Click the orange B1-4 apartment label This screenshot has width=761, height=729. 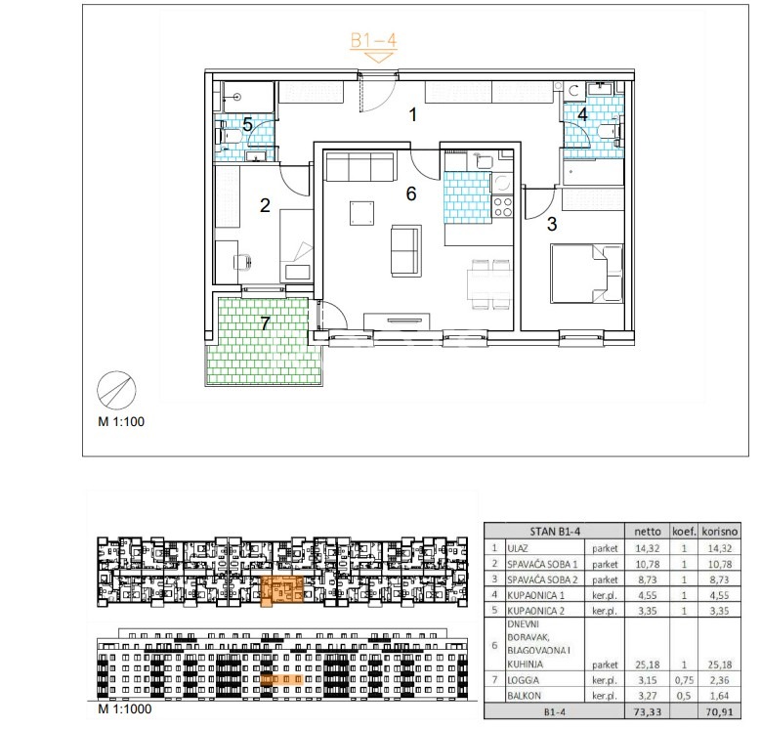(373, 40)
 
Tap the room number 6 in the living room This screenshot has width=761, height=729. (411, 193)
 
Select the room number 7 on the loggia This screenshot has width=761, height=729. (265, 323)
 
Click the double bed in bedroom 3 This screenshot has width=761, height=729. (586, 274)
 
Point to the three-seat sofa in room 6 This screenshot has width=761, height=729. (359, 166)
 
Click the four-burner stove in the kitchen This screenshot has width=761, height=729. (503, 207)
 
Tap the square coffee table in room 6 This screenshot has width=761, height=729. (362, 214)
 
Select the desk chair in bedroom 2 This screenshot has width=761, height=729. (242, 262)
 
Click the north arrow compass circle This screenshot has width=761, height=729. (116, 390)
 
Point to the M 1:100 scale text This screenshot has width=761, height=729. (121, 421)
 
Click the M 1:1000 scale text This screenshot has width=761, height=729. (125, 708)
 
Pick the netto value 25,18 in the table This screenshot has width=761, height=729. (648, 665)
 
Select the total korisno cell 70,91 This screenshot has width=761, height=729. (719, 712)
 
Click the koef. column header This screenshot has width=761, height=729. (685, 532)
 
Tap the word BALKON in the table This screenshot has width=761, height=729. (524, 696)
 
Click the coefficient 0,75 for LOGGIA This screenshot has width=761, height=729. (685, 680)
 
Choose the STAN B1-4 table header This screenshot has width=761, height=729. (555, 532)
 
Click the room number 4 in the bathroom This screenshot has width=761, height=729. (582, 114)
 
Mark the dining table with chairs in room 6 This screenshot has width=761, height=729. (489, 284)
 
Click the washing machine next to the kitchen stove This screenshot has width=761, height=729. (503, 184)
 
